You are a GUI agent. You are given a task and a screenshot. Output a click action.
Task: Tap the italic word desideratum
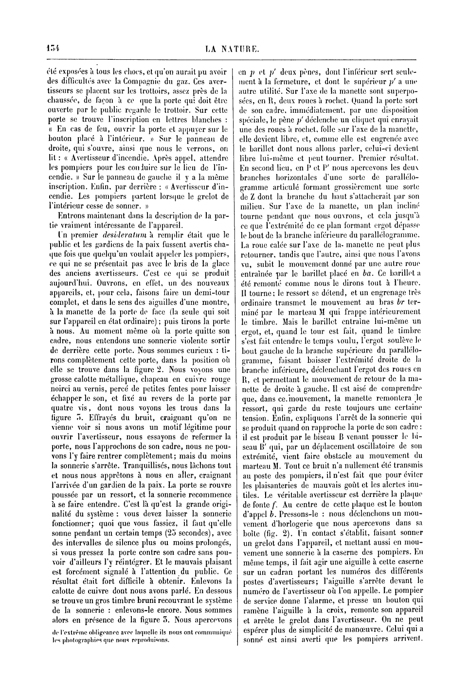coord(120,235)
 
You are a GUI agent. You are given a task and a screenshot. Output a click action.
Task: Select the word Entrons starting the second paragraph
coord(72,215)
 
